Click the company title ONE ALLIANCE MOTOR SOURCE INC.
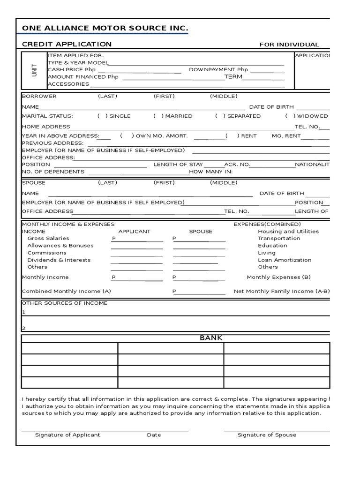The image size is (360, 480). point(105,29)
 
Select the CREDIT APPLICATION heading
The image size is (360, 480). point(67,44)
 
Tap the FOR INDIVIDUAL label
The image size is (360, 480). point(289,45)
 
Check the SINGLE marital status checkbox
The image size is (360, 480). point(102,116)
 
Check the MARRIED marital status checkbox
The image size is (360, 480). point(158,116)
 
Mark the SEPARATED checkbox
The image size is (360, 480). point(220,116)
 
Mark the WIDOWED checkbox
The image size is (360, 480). point(290,116)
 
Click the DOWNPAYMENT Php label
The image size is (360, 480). point(218,70)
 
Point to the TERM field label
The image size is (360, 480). point(233,77)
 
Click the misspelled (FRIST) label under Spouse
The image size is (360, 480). point(164,183)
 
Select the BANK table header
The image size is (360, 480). point(211,338)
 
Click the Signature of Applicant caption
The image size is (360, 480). point(67,435)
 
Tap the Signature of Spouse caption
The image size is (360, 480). point(267,435)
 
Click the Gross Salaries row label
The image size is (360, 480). point(48,239)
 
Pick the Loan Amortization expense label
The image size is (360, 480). point(285,260)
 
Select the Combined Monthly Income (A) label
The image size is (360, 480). point(67,292)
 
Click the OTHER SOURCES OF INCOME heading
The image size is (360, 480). point(65,303)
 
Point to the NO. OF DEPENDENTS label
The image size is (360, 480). point(53,172)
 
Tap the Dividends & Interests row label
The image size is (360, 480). point(59,260)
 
